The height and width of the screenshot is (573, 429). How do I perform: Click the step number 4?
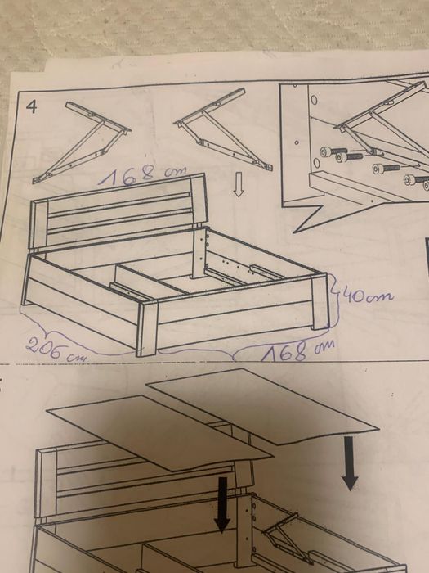(32, 106)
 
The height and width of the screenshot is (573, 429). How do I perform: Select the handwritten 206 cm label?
(56, 350)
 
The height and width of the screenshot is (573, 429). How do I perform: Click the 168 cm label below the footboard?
(297, 350)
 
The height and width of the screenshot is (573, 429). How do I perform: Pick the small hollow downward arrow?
(239, 184)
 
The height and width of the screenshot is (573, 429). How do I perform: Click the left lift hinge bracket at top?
(82, 142)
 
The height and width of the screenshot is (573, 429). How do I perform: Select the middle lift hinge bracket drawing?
(222, 129)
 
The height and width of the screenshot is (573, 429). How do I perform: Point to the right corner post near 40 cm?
(320, 302)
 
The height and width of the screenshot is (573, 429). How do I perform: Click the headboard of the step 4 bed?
(118, 211)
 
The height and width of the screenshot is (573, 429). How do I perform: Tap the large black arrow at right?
(350, 463)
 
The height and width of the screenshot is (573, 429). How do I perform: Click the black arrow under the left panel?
(222, 504)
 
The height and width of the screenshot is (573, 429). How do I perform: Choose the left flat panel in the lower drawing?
(160, 433)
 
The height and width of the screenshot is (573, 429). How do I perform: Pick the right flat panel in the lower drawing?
(262, 406)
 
